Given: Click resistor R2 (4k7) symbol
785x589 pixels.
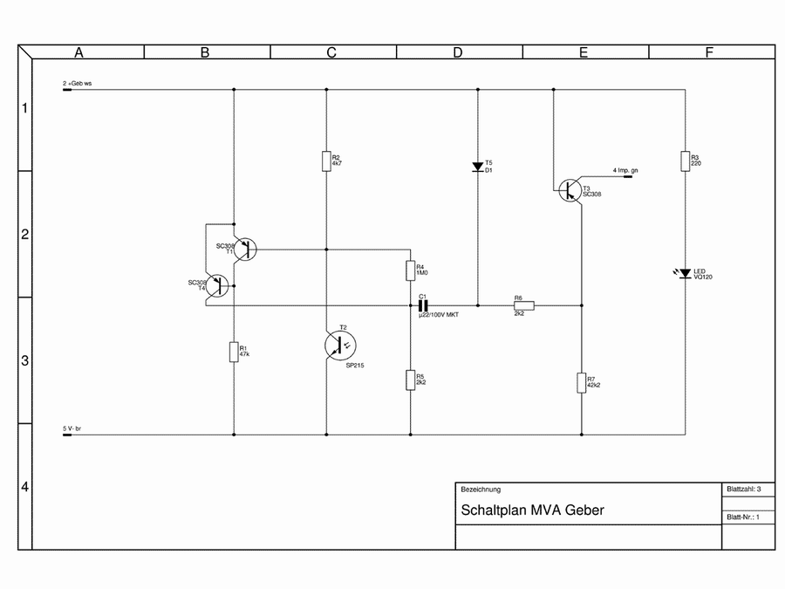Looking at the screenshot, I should tap(326, 161).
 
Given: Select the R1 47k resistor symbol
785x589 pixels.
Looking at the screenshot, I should tap(234, 352).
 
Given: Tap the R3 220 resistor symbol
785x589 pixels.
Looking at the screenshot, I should tap(685, 161).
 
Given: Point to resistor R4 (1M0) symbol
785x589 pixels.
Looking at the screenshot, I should tap(410, 271).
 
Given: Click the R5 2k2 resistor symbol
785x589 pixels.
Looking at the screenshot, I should tap(410, 380).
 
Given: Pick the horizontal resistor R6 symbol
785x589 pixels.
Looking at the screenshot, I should tap(523, 305).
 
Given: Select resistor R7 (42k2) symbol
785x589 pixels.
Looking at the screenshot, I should tap(581, 382).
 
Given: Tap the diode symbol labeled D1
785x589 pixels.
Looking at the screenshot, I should tap(477, 167).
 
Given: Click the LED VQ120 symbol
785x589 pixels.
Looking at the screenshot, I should tap(685, 274).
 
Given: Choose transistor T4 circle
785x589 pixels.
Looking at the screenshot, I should tap(218, 285).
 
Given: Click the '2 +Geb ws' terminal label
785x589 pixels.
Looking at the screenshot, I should tap(77, 83).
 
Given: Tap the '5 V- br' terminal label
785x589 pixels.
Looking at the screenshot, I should tap(72, 428).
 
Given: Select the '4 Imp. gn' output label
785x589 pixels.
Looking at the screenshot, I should tap(625, 169).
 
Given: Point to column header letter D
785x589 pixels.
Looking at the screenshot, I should tap(457, 52).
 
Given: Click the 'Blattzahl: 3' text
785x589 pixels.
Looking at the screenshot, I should tap(744, 490).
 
